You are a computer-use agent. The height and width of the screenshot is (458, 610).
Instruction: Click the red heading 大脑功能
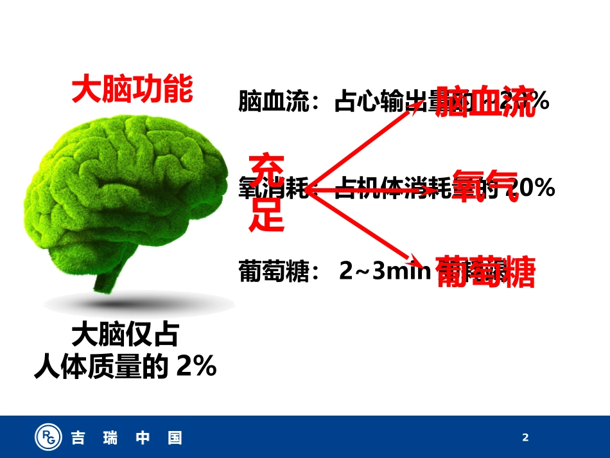(132, 89)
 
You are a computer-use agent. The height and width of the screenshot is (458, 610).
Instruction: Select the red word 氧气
(485, 186)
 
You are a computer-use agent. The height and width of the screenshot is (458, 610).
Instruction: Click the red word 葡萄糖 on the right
(485, 271)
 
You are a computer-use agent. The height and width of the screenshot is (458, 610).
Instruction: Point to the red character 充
(266, 170)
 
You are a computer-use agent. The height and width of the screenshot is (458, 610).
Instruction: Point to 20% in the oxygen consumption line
(532, 188)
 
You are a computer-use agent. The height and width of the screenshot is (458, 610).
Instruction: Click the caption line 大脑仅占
(125, 335)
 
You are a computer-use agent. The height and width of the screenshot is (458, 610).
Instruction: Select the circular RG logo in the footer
(48, 437)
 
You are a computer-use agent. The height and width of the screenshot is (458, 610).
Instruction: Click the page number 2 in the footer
(525, 438)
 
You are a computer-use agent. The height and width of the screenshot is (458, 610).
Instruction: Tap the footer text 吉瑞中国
(126, 438)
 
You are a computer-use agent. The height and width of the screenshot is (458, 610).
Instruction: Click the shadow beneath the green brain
(135, 303)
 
